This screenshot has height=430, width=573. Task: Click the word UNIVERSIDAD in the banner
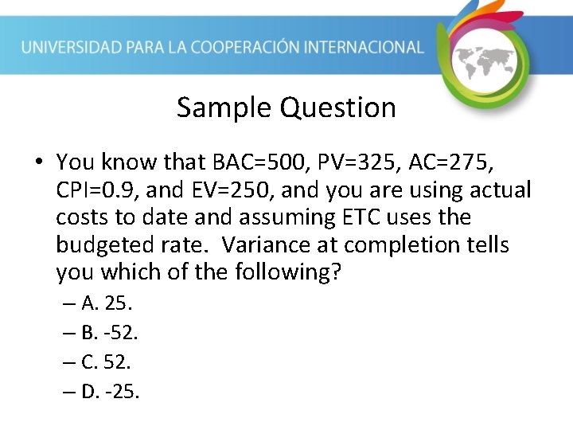tap(72, 47)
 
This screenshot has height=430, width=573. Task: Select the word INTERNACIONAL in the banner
tap(361, 47)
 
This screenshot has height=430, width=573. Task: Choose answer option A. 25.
tap(107, 303)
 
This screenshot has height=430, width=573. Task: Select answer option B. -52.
tap(111, 333)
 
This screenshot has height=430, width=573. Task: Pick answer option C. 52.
tap(107, 362)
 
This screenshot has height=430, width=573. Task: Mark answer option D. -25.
tap(111, 392)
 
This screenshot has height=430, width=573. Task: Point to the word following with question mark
tap(289, 272)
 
